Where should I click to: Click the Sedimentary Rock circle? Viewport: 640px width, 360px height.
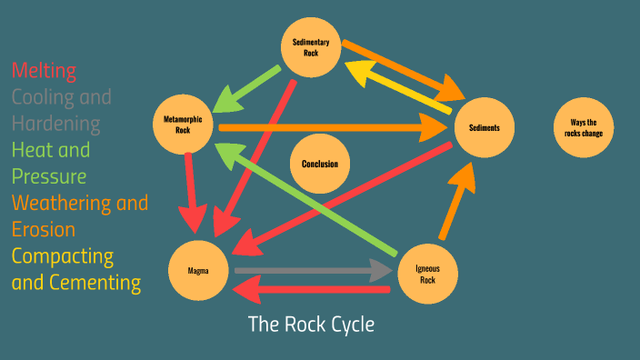(x=310, y=48)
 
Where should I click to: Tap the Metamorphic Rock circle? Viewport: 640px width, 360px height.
(x=183, y=125)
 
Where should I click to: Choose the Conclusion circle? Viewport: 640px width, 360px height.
(x=319, y=165)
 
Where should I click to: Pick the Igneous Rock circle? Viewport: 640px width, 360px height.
(x=426, y=274)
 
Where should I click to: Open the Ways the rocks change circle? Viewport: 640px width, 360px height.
(x=583, y=127)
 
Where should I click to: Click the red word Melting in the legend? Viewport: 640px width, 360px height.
(x=44, y=71)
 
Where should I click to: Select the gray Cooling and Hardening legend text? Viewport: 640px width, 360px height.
(x=61, y=110)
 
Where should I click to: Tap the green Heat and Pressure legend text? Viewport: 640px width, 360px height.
(x=51, y=163)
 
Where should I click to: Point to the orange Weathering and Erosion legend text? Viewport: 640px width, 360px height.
(x=80, y=215)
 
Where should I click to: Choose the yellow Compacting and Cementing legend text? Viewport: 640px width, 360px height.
(x=76, y=269)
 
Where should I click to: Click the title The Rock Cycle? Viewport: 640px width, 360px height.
(x=311, y=325)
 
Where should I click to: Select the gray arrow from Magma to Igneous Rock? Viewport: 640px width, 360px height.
(x=309, y=270)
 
